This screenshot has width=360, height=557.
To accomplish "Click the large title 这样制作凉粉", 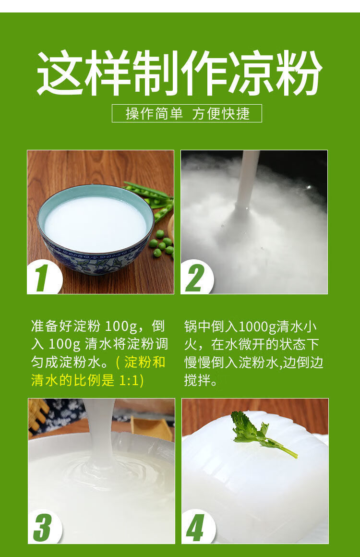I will pos(180,73).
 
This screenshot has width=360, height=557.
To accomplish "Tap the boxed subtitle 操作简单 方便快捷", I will pos(187,113).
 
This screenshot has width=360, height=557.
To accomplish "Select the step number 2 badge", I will pos(196,278).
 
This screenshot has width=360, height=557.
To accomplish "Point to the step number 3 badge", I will pos(43,528).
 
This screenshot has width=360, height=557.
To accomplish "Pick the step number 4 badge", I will pos(196,528).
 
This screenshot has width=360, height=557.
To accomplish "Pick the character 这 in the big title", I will pos(60,73).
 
